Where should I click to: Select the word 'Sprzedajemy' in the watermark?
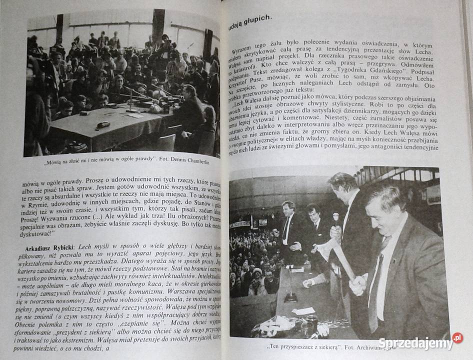(414, 343)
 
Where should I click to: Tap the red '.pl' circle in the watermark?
(457, 338)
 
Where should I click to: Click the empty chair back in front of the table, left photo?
(165, 142)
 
